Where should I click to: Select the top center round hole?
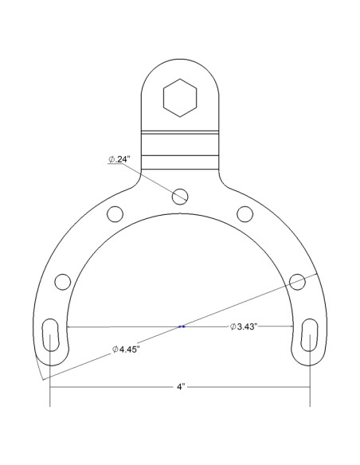click(180, 194)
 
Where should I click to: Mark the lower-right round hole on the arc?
click(297, 280)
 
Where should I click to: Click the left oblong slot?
click(52, 336)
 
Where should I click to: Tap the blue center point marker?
click(182, 326)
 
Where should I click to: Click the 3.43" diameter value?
click(250, 326)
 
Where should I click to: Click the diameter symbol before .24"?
click(111, 159)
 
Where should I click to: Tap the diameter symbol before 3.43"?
click(233, 326)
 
